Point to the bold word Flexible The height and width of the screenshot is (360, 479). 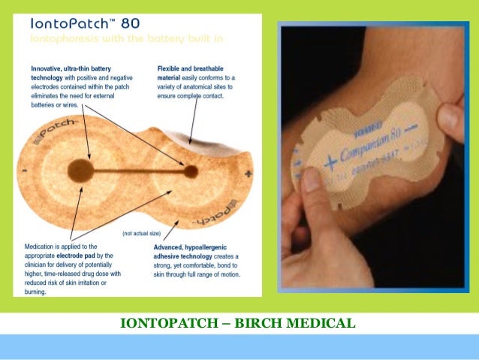(170, 68)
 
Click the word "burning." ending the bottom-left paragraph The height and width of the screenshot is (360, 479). (38, 292)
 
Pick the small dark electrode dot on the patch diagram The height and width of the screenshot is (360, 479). (191, 171)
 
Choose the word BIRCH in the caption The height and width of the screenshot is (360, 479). (262, 324)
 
